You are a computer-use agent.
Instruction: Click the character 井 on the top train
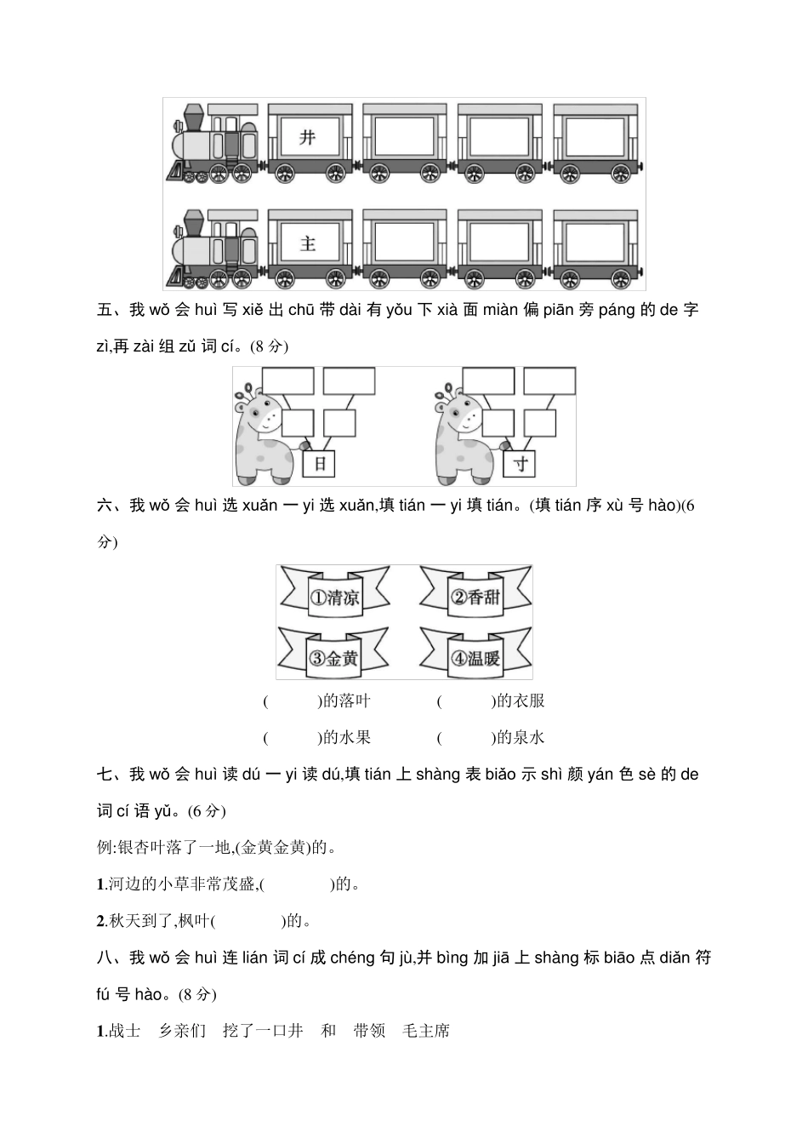coord(307,136)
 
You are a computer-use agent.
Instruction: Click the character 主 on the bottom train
coord(307,243)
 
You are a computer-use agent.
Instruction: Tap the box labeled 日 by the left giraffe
coord(320,464)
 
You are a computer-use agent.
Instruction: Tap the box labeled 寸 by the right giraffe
coord(521,464)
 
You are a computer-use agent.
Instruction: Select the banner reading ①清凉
coord(334,597)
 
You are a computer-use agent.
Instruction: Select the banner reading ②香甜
coord(475,597)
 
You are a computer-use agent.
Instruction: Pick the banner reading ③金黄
coord(334,657)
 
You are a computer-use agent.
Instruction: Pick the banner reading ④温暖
coord(475,657)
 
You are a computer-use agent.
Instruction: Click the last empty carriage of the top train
coord(595,136)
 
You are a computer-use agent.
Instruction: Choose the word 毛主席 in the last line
coord(426,1031)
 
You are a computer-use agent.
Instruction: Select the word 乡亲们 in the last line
coord(183,1031)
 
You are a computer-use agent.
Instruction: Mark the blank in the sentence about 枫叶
coord(248,921)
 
